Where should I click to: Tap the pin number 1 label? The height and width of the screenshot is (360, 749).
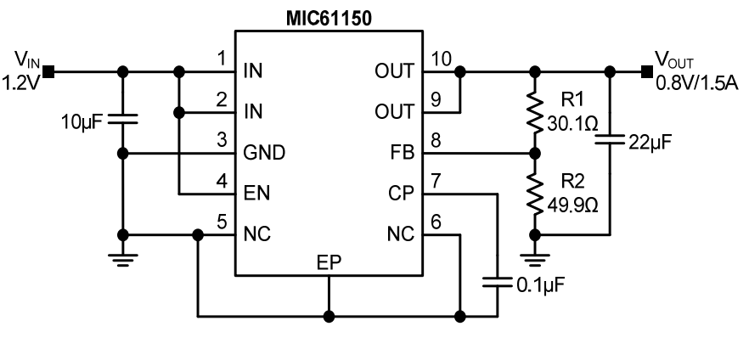coord(221,59)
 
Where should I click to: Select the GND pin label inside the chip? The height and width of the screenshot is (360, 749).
coord(263,154)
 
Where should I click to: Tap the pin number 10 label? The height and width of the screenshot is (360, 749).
coord(442,59)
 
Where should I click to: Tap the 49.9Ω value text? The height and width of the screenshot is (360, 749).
coord(569,204)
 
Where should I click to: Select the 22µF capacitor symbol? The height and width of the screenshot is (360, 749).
coord(610,141)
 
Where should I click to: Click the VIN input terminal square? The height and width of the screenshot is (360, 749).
coord(50,71)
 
